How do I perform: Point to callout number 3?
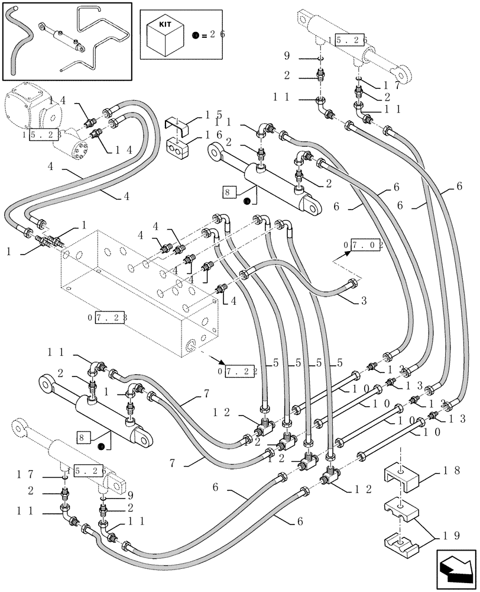364,301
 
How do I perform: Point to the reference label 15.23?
42,135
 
